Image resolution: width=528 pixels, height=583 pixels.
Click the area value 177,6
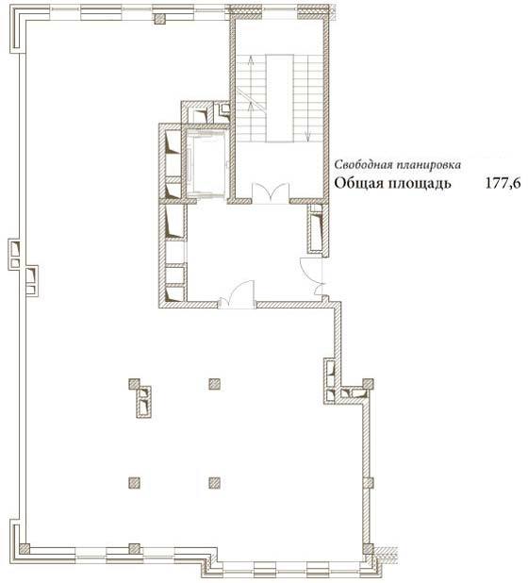(x=503, y=183)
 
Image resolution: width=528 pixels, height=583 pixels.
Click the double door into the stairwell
(x=271, y=193)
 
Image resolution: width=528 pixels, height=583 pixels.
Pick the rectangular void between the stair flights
(x=279, y=98)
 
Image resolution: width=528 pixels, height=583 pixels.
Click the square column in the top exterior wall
(x=160, y=19)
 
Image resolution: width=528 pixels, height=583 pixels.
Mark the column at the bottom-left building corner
(x=25, y=548)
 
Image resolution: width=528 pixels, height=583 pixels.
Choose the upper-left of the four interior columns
(x=134, y=384)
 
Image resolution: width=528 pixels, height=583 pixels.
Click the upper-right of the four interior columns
(x=214, y=384)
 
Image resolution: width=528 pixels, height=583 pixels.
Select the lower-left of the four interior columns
(x=134, y=483)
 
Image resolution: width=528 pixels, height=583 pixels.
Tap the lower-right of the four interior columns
(x=214, y=483)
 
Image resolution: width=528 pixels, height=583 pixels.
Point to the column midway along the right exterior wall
(x=368, y=483)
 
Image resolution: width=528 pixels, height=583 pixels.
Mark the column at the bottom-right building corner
(x=368, y=549)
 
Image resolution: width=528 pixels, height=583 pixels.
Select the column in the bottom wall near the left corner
(x=134, y=548)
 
